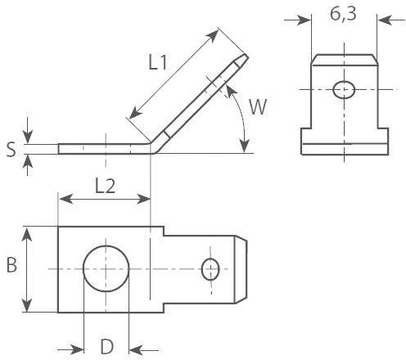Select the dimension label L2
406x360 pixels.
pyautogui.click(x=104, y=185)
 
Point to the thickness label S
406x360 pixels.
pyautogui.click(x=10, y=149)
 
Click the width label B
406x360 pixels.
pyautogui.click(x=11, y=266)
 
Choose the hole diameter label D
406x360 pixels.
pyautogui.click(x=106, y=346)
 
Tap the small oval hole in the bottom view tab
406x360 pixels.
pyautogui.click(x=211, y=268)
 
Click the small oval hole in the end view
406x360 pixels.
pyautogui.click(x=345, y=88)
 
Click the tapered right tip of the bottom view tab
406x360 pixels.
pyautogui.click(x=242, y=268)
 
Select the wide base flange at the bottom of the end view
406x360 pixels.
pyautogui.click(x=344, y=148)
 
